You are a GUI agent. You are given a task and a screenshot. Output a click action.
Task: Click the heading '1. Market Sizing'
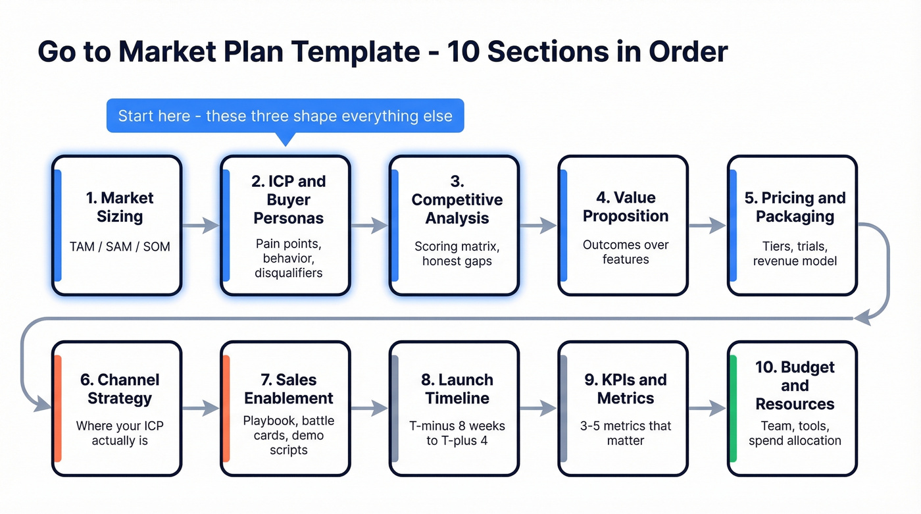(x=120, y=207)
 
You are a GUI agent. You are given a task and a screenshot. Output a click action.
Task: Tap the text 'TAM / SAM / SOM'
(x=120, y=247)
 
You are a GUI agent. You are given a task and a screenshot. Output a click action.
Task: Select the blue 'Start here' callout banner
(x=285, y=116)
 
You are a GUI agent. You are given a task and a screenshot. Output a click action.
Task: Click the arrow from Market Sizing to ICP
(x=201, y=226)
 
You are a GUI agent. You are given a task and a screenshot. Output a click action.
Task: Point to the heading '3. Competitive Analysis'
(x=457, y=199)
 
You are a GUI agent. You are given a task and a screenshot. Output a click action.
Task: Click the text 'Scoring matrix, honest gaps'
(x=457, y=253)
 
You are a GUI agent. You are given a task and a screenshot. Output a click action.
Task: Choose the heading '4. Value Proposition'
(x=626, y=207)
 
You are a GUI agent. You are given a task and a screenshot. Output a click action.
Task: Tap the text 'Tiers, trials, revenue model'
(x=795, y=253)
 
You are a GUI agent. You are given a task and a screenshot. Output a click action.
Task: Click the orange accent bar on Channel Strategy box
(x=58, y=409)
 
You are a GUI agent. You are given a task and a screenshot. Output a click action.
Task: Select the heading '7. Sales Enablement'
(x=288, y=389)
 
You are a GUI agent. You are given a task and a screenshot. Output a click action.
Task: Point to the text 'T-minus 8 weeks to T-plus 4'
(x=457, y=433)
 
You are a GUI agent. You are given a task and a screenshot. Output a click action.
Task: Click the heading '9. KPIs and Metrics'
(x=626, y=389)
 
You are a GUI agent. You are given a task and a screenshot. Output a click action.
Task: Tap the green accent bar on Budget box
(x=734, y=409)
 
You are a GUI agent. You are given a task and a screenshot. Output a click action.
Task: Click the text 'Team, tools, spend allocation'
(x=795, y=433)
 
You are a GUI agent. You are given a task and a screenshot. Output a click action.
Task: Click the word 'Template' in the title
(x=347, y=52)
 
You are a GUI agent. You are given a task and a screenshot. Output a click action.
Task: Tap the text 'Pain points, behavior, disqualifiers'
(x=288, y=258)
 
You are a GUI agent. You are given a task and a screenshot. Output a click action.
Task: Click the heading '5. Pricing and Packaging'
(x=795, y=207)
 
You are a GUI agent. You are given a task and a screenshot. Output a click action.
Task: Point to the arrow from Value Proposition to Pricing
(x=707, y=226)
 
